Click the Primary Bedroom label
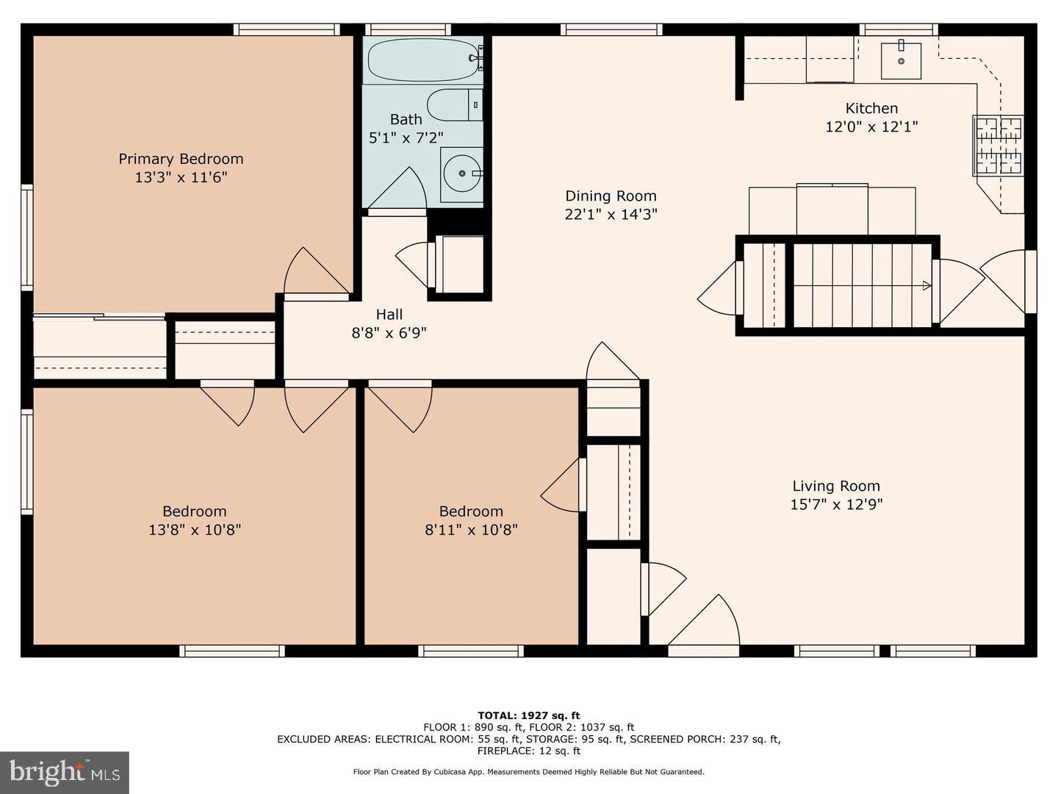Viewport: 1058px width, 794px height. click(x=181, y=159)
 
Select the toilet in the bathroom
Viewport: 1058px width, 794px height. click(x=455, y=105)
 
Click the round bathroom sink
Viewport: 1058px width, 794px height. click(x=462, y=174)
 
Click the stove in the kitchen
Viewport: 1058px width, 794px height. click(x=998, y=145)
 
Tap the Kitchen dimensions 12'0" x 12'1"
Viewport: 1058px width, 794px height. click(x=871, y=126)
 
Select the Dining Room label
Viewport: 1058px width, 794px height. click(x=611, y=196)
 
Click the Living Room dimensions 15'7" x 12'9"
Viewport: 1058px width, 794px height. click(x=836, y=504)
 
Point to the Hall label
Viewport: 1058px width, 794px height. click(x=389, y=315)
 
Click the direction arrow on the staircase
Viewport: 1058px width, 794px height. click(x=926, y=285)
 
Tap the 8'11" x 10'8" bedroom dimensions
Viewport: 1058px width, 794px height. click(x=471, y=529)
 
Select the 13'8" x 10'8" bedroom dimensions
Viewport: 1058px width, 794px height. click(x=195, y=529)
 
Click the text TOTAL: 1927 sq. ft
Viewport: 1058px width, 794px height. click(x=528, y=715)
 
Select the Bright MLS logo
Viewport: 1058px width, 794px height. click(x=65, y=772)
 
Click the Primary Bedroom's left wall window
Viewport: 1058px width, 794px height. click(x=27, y=237)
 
